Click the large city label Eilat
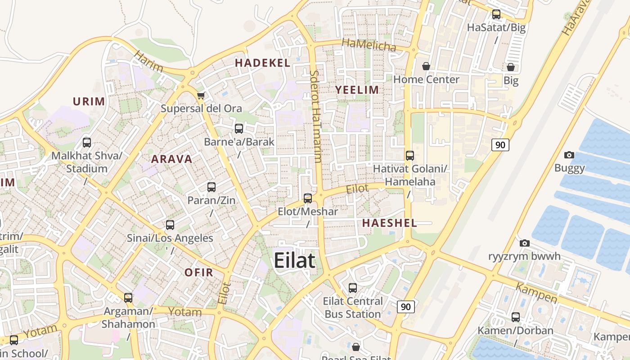(x=294, y=261)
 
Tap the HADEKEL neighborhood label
(x=262, y=63)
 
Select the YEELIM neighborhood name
(x=357, y=90)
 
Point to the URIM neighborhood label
(x=89, y=101)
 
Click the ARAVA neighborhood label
(x=171, y=159)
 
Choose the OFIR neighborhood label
(x=198, y=272)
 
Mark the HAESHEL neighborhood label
(x=389, y=223)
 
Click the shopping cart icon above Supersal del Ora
(x=201, y=95)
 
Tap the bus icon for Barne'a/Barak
(x=239, y=129)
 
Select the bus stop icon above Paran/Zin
(x=211, y=187)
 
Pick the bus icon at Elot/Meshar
(x=308, y=198)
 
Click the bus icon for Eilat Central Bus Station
(x=353, y=288)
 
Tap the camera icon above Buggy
(x=569, y=155)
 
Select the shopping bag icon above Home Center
(x=426, y=67)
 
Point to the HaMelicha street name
(x=369, y=45)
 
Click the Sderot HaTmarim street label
(x=315, y=116)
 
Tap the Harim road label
(x=149, y=62)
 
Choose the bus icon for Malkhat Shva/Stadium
(x=87, y=143)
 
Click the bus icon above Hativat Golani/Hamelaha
(x=410, y=156)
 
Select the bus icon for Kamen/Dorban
(x=516, y=317)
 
